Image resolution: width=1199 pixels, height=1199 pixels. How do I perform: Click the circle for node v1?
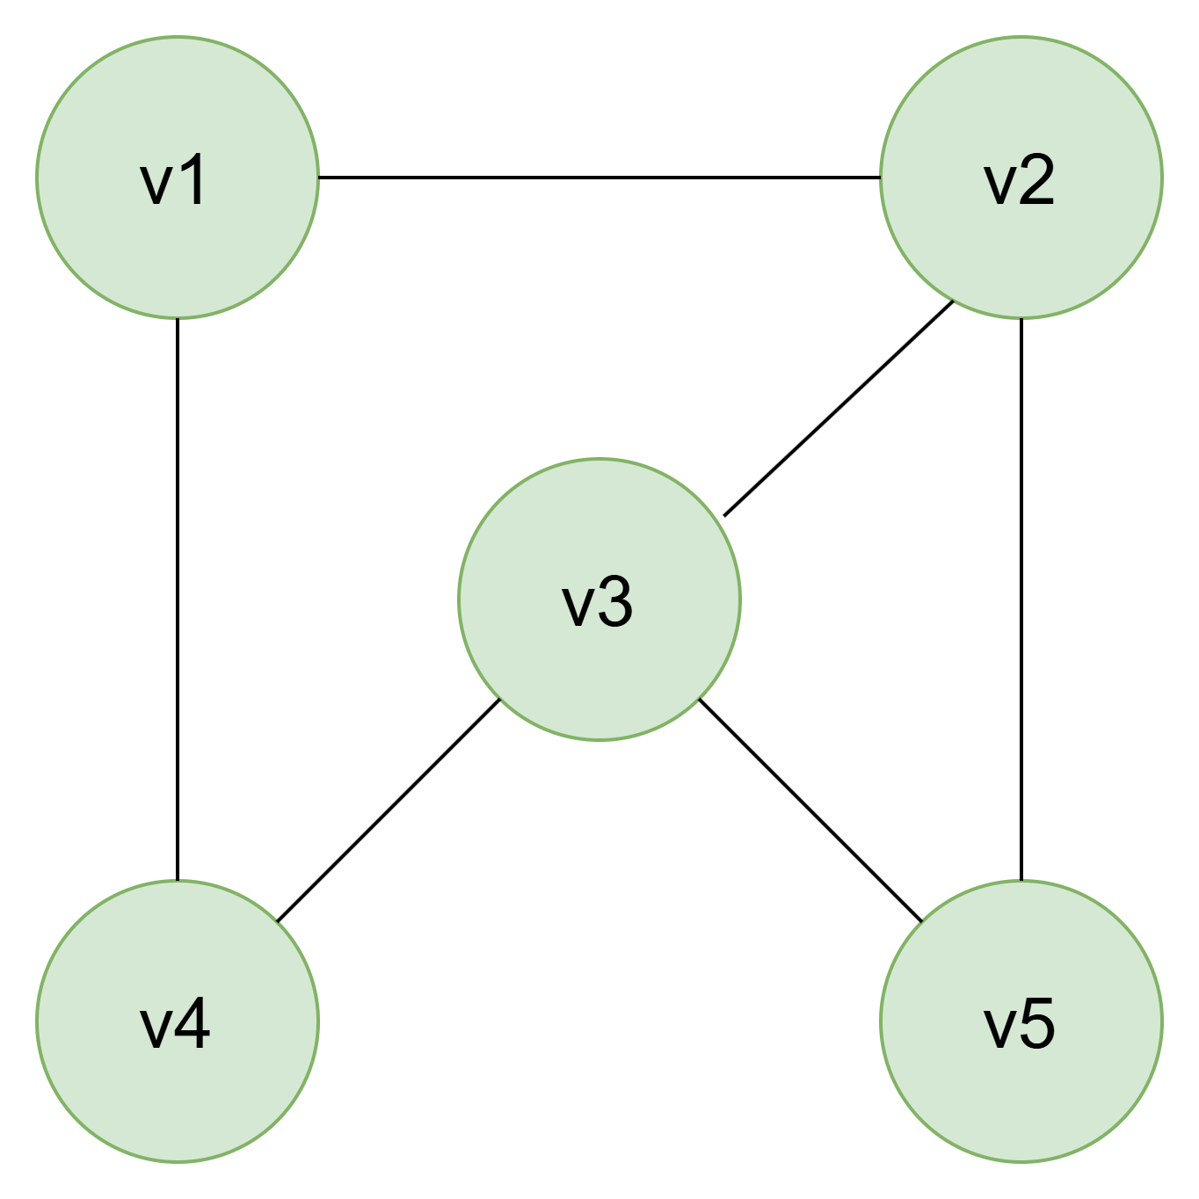(x=178, y=178)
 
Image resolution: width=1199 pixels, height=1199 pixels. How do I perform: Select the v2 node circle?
(x=1021, y=178)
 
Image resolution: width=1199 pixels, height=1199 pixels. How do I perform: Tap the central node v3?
(x=599, y=599)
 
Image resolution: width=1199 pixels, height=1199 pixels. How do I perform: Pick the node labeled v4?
(x=178, y=1021)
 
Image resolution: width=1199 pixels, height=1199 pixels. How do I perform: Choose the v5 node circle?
(x=1021, y=1021)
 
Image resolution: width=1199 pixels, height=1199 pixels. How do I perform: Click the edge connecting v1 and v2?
(x=599, y=178)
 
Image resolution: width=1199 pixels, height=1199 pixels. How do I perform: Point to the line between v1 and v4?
(x=178, y=599)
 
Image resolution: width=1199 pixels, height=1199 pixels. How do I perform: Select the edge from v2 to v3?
(x=839, y=408)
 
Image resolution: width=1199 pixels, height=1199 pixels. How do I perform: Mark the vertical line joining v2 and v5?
(x=1021, y=599)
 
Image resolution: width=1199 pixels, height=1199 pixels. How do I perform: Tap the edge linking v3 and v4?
(x=389, y=810)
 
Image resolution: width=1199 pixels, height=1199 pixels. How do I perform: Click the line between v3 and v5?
(x=810, y=810)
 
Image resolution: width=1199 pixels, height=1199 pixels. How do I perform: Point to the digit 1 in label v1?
(x=193, y=178)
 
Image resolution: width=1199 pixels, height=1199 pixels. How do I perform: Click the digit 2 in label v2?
(x=1036, y=178)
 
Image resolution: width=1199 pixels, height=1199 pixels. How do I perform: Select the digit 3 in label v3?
(x=614, y=601)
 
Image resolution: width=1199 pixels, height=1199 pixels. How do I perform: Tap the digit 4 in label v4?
(x=193, y=1023)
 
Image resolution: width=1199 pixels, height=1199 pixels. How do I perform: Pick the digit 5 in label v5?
(x=1036, y=1023)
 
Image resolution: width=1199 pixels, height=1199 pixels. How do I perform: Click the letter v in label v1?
(x=156, y=185)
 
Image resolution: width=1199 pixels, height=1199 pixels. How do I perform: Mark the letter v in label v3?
(x=578, y=608)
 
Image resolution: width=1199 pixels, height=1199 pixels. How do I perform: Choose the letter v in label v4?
(x=156, y=1029)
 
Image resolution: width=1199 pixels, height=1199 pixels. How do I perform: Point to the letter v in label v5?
(x=999, y=1029)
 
